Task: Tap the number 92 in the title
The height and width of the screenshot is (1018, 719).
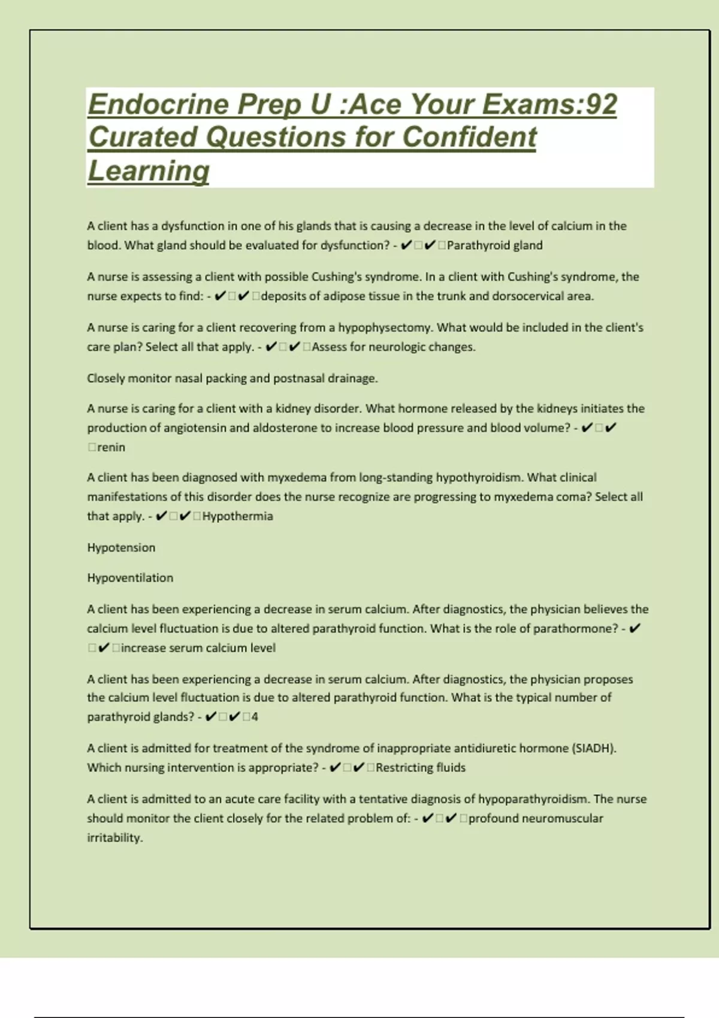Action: (x=601, y=105)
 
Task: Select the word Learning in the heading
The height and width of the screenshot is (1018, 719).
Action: (x=148, y=171)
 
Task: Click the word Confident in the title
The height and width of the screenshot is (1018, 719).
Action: (x=469, y=137)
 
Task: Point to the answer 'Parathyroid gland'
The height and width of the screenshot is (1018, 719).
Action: (x=494, y=246)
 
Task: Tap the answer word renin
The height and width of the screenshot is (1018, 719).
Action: (x=111, y=447)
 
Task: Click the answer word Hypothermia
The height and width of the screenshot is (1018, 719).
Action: (x=237, y=516)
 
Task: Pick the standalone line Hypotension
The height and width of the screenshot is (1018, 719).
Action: (x=121, y=547)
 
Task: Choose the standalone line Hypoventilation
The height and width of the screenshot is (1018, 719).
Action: (x=130, y=578)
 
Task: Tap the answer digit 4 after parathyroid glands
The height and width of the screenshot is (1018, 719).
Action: (x=255, y=717)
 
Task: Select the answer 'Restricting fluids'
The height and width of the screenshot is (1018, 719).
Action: (x=420, y=768)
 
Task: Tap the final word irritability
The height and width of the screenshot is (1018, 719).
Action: (x=115, y=838)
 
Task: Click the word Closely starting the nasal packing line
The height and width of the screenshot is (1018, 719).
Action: (x=105, y=378)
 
